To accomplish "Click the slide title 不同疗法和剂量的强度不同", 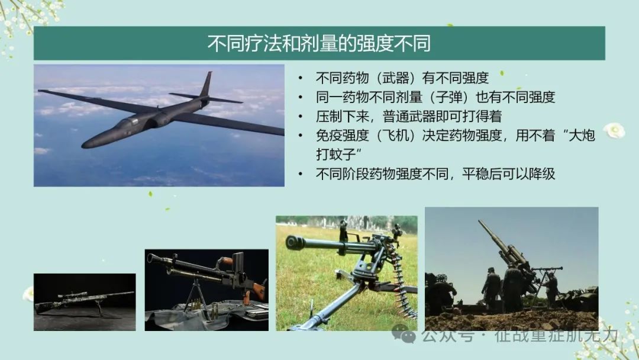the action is click(319, 43).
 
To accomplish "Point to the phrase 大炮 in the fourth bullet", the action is click(582, 136).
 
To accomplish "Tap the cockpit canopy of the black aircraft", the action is click(127, 122).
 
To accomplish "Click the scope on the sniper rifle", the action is click(72, 295).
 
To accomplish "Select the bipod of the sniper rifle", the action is click(99, 308).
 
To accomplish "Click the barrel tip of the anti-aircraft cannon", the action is click(480, 223).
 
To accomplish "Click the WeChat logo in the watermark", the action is click(404, 335).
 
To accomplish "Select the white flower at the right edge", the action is click(614, 130).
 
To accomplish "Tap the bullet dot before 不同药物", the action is click(301, 78).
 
